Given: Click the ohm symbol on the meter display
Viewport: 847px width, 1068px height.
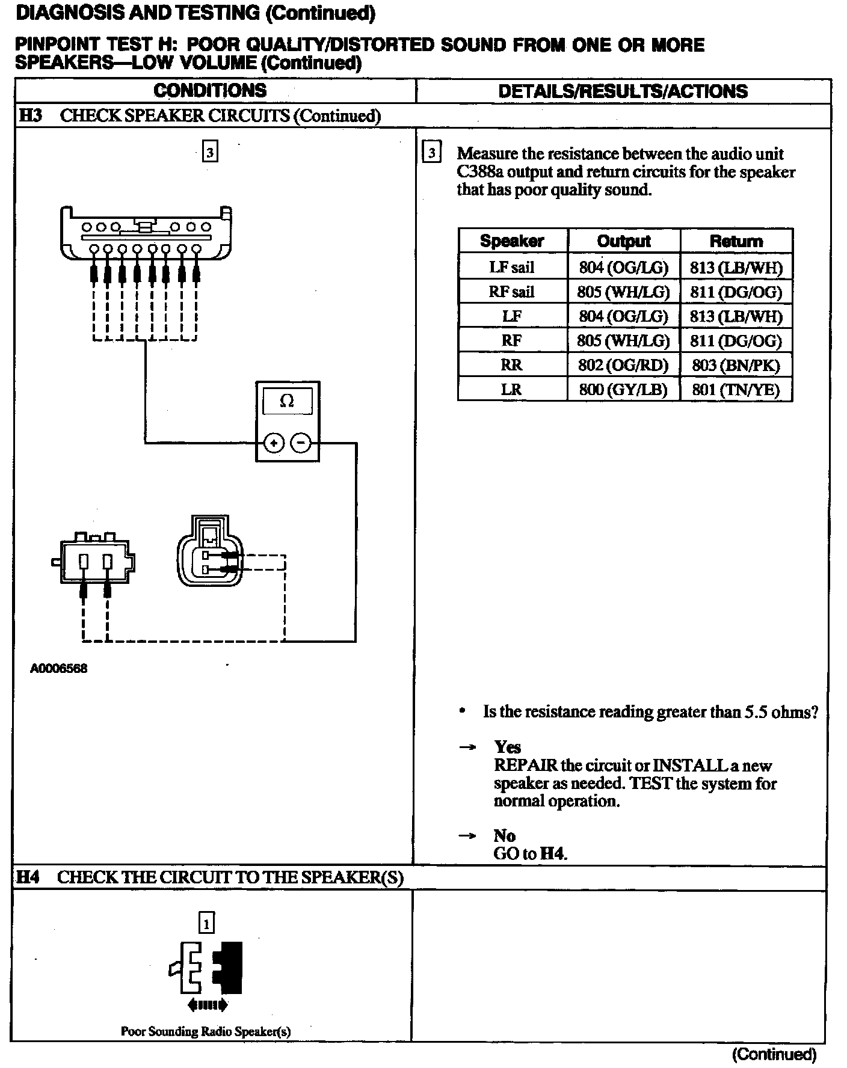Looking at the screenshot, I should click(x=287, y=401).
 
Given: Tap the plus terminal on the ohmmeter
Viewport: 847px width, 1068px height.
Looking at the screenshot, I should click(x=274, y=444).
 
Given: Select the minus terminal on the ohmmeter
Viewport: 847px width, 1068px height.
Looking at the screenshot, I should click(x=301, y=444).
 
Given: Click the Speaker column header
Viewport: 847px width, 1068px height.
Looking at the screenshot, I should click(x=512, y=241).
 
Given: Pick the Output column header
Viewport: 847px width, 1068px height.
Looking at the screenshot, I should click(x=624, y=241).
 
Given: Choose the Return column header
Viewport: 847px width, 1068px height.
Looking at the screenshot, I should click(x=736, y=241).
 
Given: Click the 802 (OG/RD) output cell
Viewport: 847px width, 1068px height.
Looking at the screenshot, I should click(x=624, y=365).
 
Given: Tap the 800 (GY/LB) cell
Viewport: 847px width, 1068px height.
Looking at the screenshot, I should click(x=624, y=390).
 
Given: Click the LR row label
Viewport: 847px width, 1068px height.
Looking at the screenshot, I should click(x=512, y=390).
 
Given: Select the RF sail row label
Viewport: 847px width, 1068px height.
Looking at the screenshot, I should click(x=512, y=292).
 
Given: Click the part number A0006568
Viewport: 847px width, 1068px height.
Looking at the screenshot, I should click(x=59, y=668).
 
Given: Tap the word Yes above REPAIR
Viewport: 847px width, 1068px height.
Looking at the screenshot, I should click(x=508, y=747).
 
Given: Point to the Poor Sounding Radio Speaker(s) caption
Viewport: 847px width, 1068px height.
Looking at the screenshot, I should click(x=206, y=1031).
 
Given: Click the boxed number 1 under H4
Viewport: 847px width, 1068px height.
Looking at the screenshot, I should click(x=206, y=923).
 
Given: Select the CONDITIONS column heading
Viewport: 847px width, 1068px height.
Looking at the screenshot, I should click(x=210, y=91).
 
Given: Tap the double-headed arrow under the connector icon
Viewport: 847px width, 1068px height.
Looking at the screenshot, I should click(x=208, y=1004).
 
